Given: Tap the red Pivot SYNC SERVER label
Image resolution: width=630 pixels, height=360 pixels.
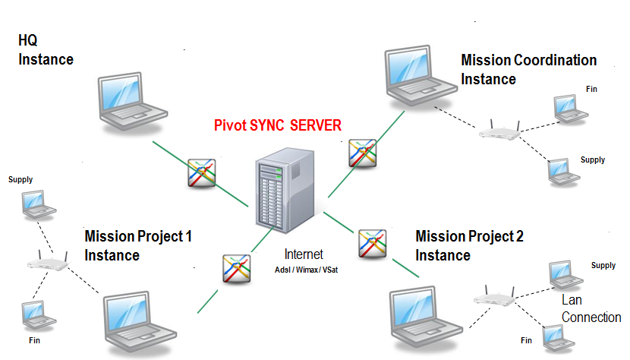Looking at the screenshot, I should pos(278,125).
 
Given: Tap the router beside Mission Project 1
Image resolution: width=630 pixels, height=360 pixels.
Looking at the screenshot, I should pos(47,264).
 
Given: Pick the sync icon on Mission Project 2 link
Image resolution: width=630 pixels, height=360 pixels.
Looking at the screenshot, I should pos(373,243).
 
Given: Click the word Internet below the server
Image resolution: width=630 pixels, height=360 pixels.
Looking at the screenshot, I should pos(304,254).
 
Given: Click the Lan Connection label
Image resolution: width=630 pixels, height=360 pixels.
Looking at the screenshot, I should pos(591,309).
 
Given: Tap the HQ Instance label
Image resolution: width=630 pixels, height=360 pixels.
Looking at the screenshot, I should pos(46,50).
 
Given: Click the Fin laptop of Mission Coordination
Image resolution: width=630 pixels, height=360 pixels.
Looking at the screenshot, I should pos(565,109).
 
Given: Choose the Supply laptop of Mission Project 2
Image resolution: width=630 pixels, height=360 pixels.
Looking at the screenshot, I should pos(559,273).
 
